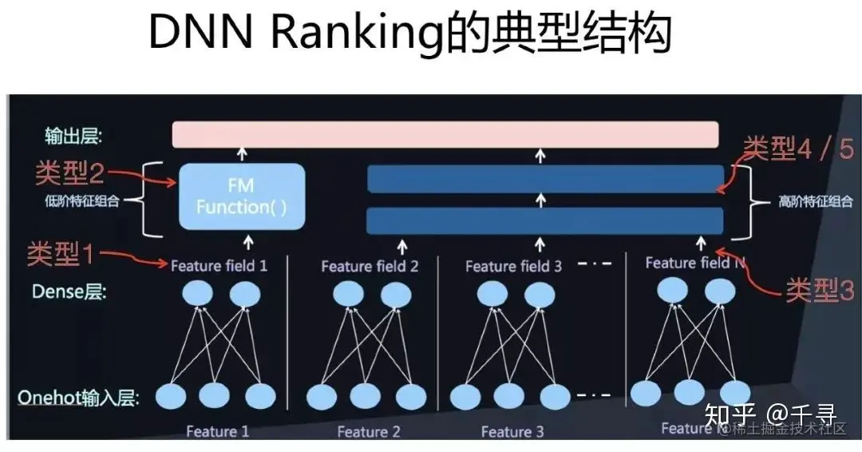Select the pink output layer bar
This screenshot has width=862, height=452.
[445, 134]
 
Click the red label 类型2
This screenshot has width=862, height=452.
[69, 172]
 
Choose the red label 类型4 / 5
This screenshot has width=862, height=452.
[798, 149]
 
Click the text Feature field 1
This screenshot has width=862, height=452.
[219, 265]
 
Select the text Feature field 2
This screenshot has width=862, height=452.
[370, 266]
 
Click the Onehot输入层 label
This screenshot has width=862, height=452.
[83, 397]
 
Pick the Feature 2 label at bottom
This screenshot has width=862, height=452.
[369, 432]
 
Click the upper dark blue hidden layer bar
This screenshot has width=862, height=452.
[545, 180]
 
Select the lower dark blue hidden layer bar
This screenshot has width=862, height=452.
[545, 220]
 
